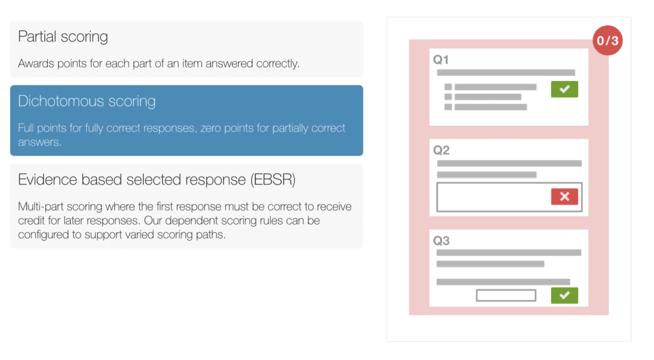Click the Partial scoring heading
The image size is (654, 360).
coord(63,36)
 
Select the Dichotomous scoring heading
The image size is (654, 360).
coord(87,101)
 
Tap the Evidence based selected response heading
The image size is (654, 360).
coord(157,179)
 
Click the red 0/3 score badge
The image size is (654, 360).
coord(608,40)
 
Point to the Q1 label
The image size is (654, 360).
coord(441,60)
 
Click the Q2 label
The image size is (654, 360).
coord(441,150)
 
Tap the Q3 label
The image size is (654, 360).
coord(441,241)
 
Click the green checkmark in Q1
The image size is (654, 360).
coord(565,89)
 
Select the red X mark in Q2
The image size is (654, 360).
coord(565,197)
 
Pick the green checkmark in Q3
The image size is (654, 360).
coord(565,296)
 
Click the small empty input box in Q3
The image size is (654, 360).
coord(506,296)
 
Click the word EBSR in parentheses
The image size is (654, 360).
coord(273,180)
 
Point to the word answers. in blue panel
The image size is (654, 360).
coord(40,142)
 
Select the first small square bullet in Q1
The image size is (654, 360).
coord(448,87)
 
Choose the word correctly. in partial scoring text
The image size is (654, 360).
coord(278,64)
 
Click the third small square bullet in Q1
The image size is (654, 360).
coord(448,107)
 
